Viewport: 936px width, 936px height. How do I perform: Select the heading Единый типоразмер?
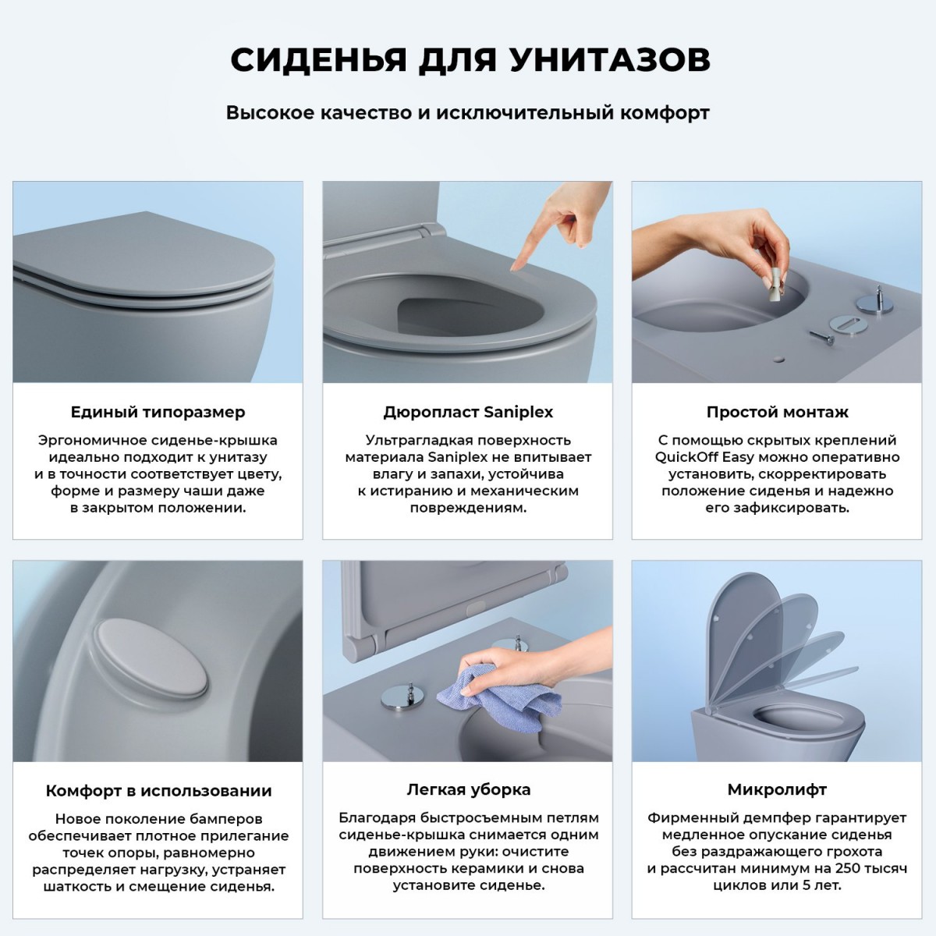(158, 412)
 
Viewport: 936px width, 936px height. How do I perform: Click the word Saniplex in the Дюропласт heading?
(518, 412)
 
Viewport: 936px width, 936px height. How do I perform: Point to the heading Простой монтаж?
(777, 412)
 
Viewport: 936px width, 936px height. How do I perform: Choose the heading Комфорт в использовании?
(158, 791)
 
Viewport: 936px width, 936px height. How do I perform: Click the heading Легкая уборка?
(468, 789)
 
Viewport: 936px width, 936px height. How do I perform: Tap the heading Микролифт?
(777, 789)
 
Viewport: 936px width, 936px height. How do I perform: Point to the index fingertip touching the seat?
(516, 266)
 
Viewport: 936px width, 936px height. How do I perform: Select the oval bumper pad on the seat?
(151, 658)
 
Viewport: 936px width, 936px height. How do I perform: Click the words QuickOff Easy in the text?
(704, 457)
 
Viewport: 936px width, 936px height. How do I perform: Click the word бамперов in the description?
(226, 819)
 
